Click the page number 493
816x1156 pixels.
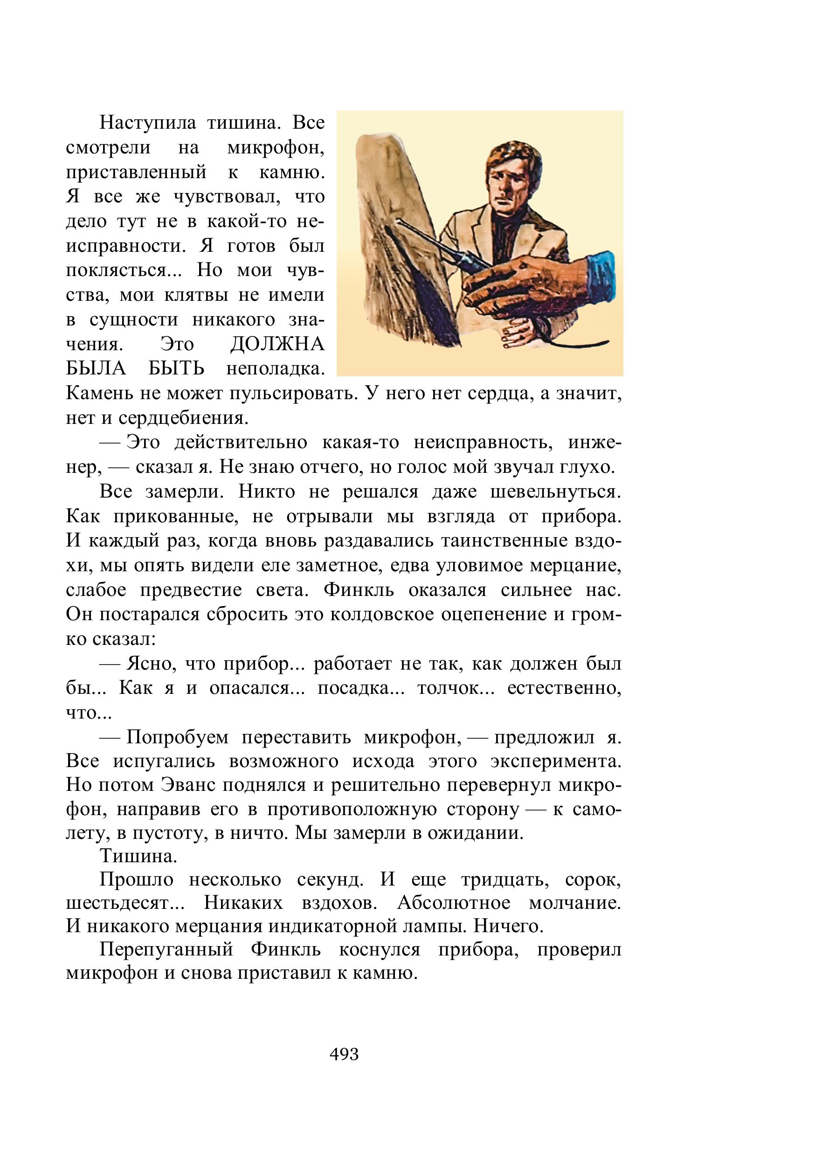(x=344, y=1054)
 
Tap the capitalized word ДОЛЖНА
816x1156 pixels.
(x=277, y=345)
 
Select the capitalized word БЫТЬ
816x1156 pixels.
(x=176, y=369)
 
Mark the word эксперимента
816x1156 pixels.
(x=556, y=761)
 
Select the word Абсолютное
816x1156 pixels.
(x=454, y=903)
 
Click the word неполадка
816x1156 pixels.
(x=275, y=369)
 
